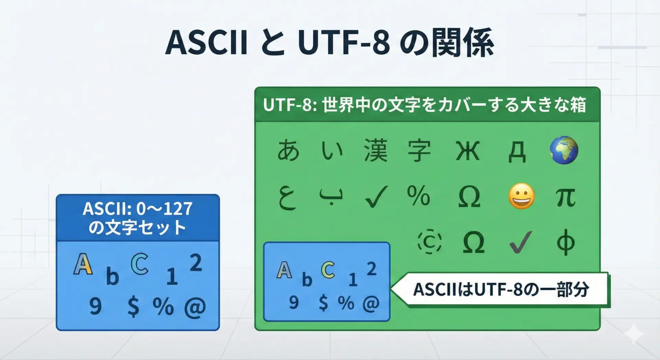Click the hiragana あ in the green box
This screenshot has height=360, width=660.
[x=288, y=150]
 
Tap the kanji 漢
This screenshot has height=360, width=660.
[x=376, y=150]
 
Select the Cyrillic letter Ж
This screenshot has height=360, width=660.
[x=467, y=151]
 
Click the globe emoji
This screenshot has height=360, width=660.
[x=564, y=150]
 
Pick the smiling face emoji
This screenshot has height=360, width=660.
[x=521, y=196]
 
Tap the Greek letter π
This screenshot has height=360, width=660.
[x=565, y=197]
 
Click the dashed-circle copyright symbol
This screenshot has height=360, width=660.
[x=430, y=242]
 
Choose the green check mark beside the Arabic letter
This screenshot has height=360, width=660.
[x=376, y=197]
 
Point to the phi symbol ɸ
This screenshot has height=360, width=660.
[x=565, y=242]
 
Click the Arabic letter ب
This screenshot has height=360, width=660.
[x=331, y=197]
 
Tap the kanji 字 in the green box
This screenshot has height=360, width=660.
[x=419, y=150]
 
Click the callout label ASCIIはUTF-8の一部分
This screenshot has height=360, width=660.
[x=501, y=290]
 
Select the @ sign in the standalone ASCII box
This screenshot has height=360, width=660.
[x=195, y=307]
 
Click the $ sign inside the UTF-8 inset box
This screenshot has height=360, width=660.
[x=323, y=303]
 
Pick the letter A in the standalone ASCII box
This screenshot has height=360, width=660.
[x=83, y=264]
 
